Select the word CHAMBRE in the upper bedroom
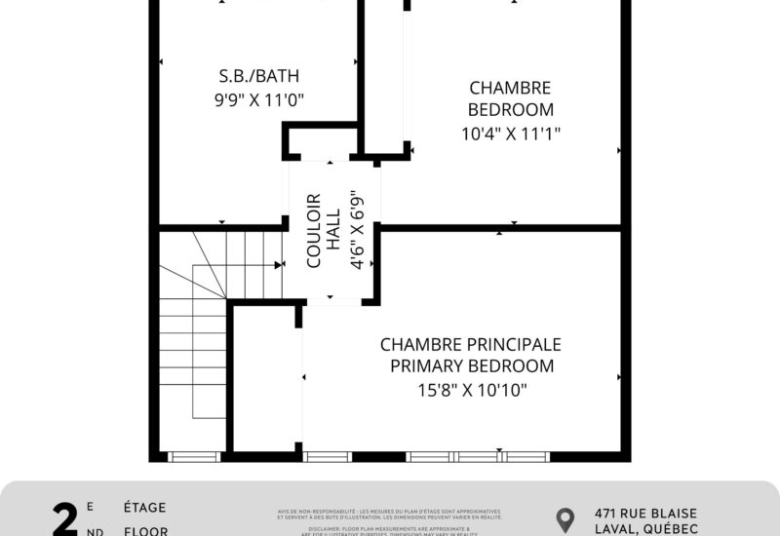pyautogui.click(x=510, y=88)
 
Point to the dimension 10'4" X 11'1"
pyautogui.click(x=511, y=134)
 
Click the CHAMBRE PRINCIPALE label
pyautogui.click(x=471, y=345)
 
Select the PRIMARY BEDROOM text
pyautogui.click(x=472, y=366)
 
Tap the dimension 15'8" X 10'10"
pyautogui.click(x=472, y=391)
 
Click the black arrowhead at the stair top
pyautogui.click(x=279, y=264)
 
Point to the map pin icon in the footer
pyautogui.click(x=565, y=518)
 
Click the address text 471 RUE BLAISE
pyautogui.click(x=645, y=513)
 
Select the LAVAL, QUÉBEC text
pyautogui.click(x=645, y=529)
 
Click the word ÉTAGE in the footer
pyautogui.click(x=144, y=508)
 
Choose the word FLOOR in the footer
pyautogui.click(x=144, y=531)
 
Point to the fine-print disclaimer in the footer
pyautogui.click(x=389, y=517)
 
